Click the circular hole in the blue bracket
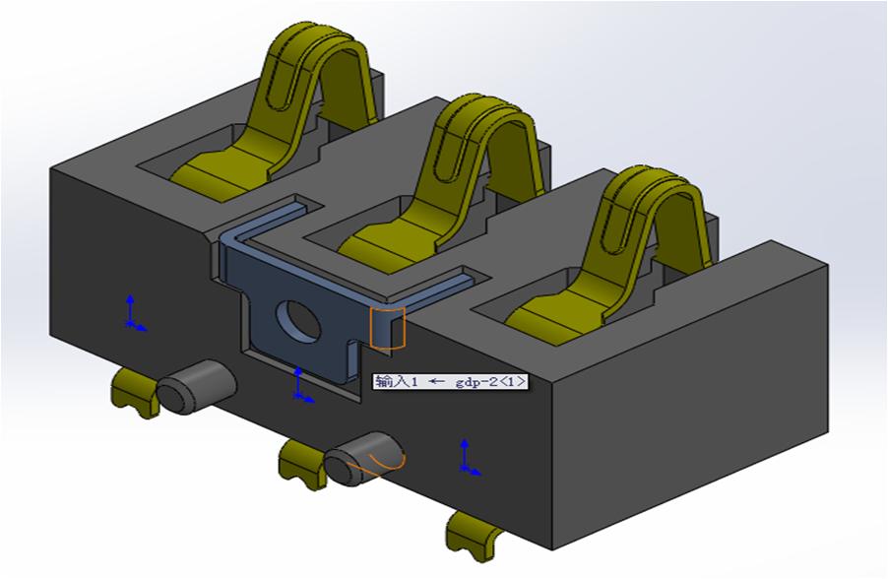[x=293, y=319]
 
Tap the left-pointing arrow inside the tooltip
[x=436, y=381]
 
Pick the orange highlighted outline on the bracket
[x=387, y=327]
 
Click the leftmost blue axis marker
[x=132, y=311]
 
